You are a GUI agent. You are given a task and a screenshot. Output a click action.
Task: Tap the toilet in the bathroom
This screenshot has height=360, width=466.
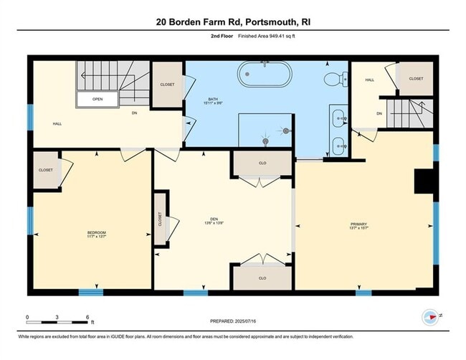click(333, 78)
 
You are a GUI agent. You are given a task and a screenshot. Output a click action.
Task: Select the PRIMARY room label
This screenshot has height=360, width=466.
click(363, 224)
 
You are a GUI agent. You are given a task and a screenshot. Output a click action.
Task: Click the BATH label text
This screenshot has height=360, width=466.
click(214, 99)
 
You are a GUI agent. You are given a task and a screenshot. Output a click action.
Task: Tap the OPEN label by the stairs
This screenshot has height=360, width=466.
click(98, 99)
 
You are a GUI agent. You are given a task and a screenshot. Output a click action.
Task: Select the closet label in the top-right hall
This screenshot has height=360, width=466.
click(416, 78)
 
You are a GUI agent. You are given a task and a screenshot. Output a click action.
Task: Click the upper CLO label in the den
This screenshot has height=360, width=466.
click(262, 164)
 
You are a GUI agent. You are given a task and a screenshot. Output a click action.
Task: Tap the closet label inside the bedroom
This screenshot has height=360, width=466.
click(46, 170)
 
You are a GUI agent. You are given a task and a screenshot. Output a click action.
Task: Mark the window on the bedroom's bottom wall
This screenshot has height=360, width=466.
click(90, 293)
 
